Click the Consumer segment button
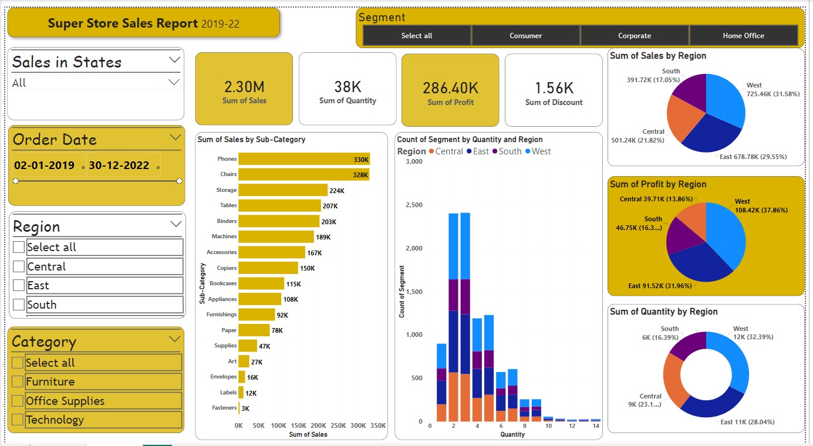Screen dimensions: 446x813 pyautogui.click(x=525, y=36)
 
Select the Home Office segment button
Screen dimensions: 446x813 pyautogui.click(x=743, y=36)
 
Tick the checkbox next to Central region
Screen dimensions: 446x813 pyautogui.click(x=19, y=267)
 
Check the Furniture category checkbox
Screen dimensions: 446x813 pyautogui.click(x=18, y=382)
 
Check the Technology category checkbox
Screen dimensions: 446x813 pyautogui.click(x=18, y=420)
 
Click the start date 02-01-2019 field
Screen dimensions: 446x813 pyautogui.click(x=45, y=165)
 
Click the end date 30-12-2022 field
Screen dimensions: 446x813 pyautogui.click(x=119, y=165)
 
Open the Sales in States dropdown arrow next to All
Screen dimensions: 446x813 pyautogui.click(x=174, y=82)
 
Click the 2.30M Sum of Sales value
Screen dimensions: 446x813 pyautogui.click(x=244, y=87)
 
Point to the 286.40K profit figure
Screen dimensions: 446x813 pyautogui.click(x=450, y=89)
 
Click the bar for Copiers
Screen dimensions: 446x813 pyautogui.click(x=268, y=268)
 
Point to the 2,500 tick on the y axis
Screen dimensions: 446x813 pyautogui.click(x=414, y=205)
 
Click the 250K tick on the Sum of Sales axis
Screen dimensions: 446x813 pyautogui.click(x=338, y=425)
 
